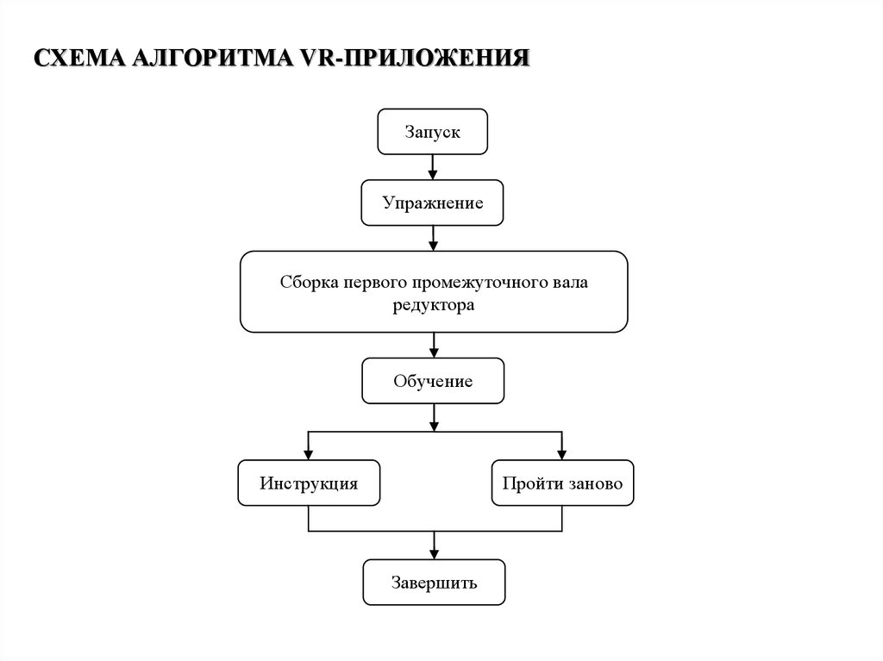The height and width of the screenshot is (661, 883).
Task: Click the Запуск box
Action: [x=433, y=132]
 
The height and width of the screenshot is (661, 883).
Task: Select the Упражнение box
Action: [x=433, y=203]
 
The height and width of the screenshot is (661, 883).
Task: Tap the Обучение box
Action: [x=433, y=381]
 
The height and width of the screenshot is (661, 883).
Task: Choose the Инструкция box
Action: [x=309, y=483]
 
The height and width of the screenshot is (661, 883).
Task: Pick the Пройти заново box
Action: [x=562, y=483]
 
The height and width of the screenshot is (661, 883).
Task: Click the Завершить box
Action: [x=433, y=583]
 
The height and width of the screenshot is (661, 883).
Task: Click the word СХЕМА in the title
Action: [x=78, y=59]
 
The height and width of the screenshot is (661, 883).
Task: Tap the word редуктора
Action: [x=433, y=305]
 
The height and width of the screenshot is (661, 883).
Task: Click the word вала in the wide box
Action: [x=570, y=282]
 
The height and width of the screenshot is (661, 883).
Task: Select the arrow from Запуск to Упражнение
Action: [x=433, y=166]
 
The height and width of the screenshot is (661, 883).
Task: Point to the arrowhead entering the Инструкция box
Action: [x=309, y=454]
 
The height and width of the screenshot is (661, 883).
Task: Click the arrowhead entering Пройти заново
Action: [x=562, y=454]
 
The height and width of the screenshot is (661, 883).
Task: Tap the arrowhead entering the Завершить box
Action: [x=433, y=554]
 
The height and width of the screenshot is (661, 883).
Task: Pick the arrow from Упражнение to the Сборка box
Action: [x=433, y=238]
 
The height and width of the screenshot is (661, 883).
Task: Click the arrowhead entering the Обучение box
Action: [x=433, y=352]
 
